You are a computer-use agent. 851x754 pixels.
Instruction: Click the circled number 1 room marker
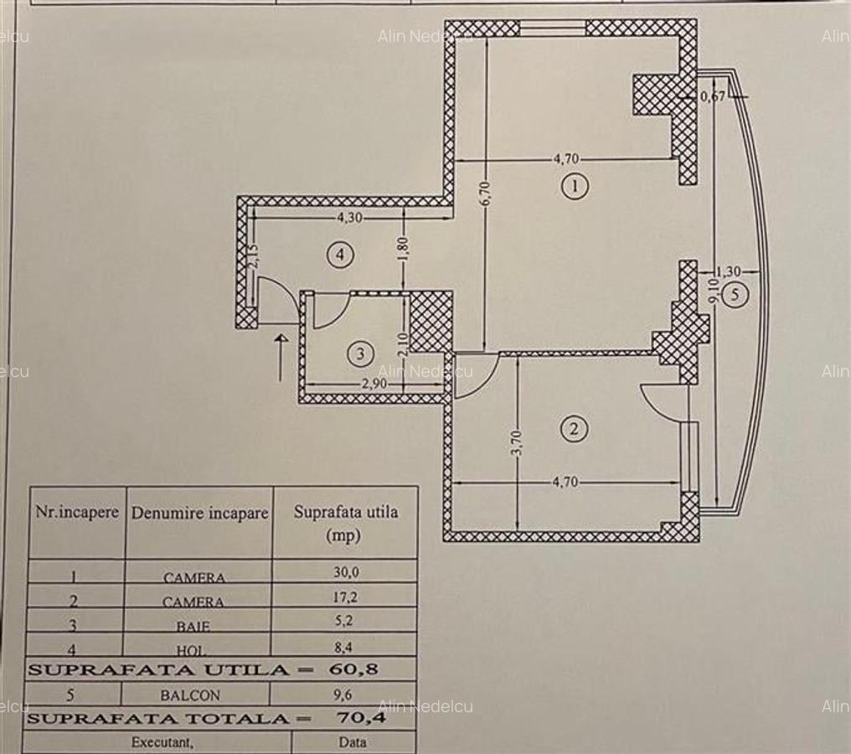[x=574, y=186]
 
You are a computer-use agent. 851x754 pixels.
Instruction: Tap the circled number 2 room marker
[x=574, y=430]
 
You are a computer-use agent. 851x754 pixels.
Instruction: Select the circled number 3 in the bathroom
[x=360, y=354]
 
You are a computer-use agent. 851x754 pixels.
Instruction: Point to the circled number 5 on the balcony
[x=735, y=295]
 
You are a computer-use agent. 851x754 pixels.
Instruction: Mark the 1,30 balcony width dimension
[x=729, y=271]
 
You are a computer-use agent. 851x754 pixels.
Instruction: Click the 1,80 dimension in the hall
[x=403, y=249]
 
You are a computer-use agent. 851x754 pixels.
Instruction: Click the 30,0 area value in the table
[x=345, y=576]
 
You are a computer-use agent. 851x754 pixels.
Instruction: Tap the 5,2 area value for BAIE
[x=345, y=624]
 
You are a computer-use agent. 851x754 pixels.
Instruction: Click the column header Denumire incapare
[x=199, y=514]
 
